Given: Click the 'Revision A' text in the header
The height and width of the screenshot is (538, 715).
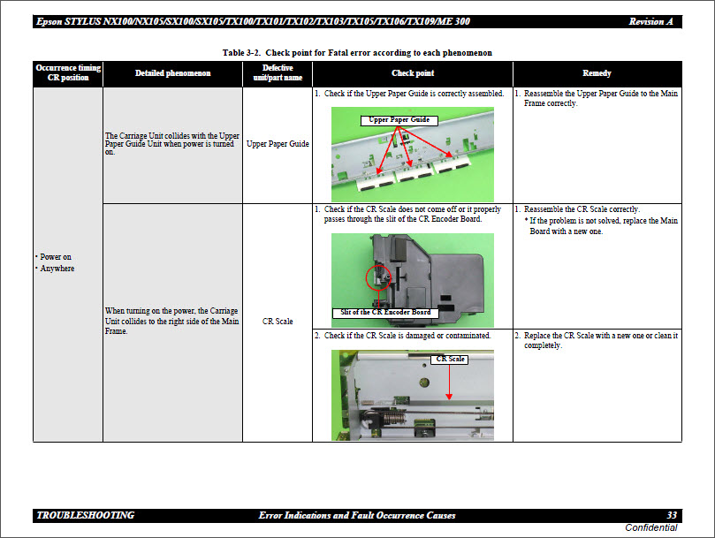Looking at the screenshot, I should (x=655, y=21).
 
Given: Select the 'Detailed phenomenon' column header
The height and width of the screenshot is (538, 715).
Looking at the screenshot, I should (x=172, y=73).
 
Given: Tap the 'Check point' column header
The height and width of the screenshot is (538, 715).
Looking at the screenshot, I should (x=413, y=73).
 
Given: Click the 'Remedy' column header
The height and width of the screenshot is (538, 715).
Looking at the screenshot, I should (x=597, y=73).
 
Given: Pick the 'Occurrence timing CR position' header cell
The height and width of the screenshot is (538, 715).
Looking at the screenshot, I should (x=68, y=72).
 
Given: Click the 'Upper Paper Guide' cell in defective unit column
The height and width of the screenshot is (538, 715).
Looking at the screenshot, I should (x=278, y=143).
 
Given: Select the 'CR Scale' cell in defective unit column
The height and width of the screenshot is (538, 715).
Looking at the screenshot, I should (x=278, y=322).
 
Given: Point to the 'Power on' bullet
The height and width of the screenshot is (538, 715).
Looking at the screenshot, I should (x=56, y=257).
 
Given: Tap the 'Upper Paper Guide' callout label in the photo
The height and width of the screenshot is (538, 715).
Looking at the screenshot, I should (x=399, y=119).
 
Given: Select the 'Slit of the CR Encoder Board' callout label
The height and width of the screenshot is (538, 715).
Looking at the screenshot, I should (x=385, y=312).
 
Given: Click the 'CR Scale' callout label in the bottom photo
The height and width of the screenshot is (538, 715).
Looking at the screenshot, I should (x=450, y=359).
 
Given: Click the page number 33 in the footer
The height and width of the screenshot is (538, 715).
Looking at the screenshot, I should (x=672, y=515).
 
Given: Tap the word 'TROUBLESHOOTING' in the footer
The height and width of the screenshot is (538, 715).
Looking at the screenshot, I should (x=86, y=515).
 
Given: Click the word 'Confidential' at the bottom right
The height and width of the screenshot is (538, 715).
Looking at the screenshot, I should (x=650, y=527).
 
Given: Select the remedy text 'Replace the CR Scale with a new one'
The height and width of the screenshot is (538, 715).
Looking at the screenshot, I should (x=597, y=336).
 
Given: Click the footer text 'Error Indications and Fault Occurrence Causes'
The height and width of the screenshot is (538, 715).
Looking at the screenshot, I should (x=357, y=515).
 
